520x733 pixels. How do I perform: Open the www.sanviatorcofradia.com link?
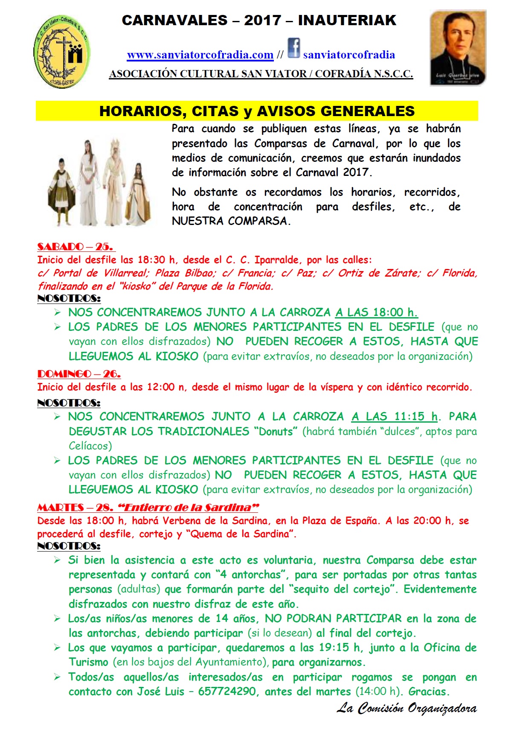pyautogui.click(x=200, y=55)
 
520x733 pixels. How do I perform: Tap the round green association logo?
pyautogui.click(x=61, y=52)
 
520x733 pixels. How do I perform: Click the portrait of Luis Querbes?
pyautogui.click(x=458, y=48)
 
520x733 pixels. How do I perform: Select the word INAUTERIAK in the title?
pyautogui.click(x=347, y=20)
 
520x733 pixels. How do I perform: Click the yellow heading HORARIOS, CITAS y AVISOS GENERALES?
pyautogui.click(x=257, y=111)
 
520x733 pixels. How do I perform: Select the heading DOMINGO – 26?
pyautogui.click(x=79, y=374)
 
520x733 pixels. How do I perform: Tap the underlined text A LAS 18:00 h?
pyautogui.click(x=376, y=312)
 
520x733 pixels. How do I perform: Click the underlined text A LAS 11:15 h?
pyautogui.click(x=395, y=417)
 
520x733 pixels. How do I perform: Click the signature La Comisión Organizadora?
pyautogui.click(x=407, y=708)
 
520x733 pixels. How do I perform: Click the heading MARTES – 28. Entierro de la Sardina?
pyautogui.click(x=148, y=508)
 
